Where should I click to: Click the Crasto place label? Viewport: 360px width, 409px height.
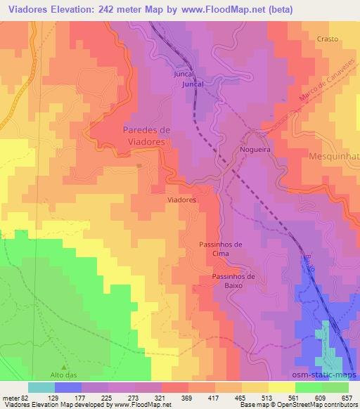tap(328, 39)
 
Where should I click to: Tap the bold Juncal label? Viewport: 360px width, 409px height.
tap(193, 84)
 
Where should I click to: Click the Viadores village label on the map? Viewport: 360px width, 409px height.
tap(181, 200)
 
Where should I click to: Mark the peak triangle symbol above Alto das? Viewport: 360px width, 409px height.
tap(65, 367)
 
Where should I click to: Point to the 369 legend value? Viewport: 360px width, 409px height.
tap(188, 397)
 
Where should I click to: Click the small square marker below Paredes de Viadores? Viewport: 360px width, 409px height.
tap(139, 166)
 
